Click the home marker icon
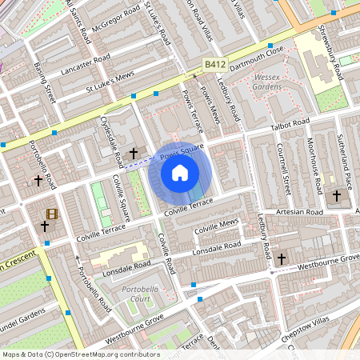180,172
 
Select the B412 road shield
213,62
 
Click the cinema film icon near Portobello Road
52,214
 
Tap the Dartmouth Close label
261,50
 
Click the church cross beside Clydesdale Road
134,151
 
